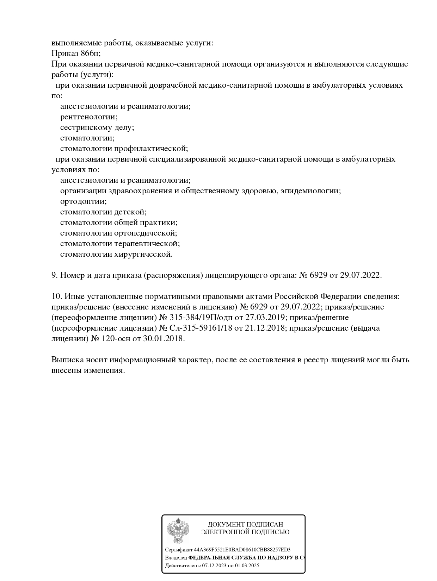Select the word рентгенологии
pyautogui.click(x=89, y=117)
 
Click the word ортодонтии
pyautogui.click(x=83, y=201)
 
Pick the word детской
pyautogui.click(x=130, y=212)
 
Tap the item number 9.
pyautogui.click(x=55, y=275)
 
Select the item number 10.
pyautogui.click(x=57, y=296)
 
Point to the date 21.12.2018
pyautogui.click(x=264, y=328)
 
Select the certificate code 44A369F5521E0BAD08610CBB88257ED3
pyautogui.click(x=242, y=550)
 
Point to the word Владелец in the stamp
pyautogui.click(x=176, y=558)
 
